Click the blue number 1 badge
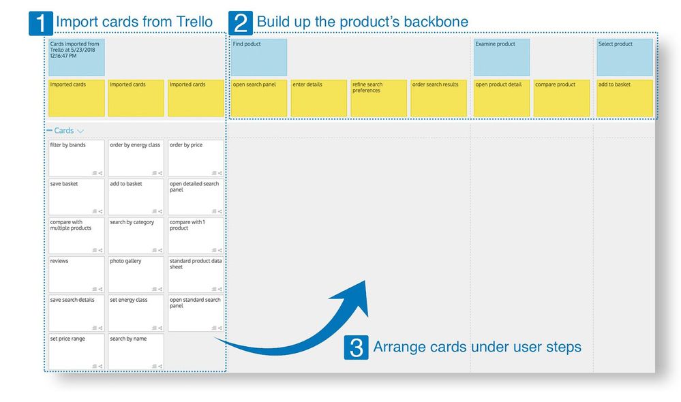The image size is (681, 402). pos(40,23)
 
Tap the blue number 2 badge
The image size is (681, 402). pos(241,23)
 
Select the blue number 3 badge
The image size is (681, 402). pos(356,347)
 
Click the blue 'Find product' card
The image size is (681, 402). pos(259,57)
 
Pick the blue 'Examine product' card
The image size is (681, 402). pos(502,57)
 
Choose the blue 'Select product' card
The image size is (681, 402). pos(624,57)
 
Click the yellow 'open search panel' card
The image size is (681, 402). pos(259,98)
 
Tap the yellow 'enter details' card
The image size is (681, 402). pos(319,98)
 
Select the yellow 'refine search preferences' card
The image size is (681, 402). pos(379,98)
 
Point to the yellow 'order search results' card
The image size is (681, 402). pos(438,98)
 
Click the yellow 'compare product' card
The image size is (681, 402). pos(562,98)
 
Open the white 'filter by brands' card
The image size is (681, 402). pos(76,158)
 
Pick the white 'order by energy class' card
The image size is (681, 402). pos(136,158)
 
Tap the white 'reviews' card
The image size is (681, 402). pos(76,275)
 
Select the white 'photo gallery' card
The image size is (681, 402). pos(136,275)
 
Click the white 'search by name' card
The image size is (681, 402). pos(136,352)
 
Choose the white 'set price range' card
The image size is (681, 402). pos(76,352)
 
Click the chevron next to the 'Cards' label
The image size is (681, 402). pos(80,131)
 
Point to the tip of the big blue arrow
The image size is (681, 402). pos(365,281)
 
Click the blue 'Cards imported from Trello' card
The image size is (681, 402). pos(76,57)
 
